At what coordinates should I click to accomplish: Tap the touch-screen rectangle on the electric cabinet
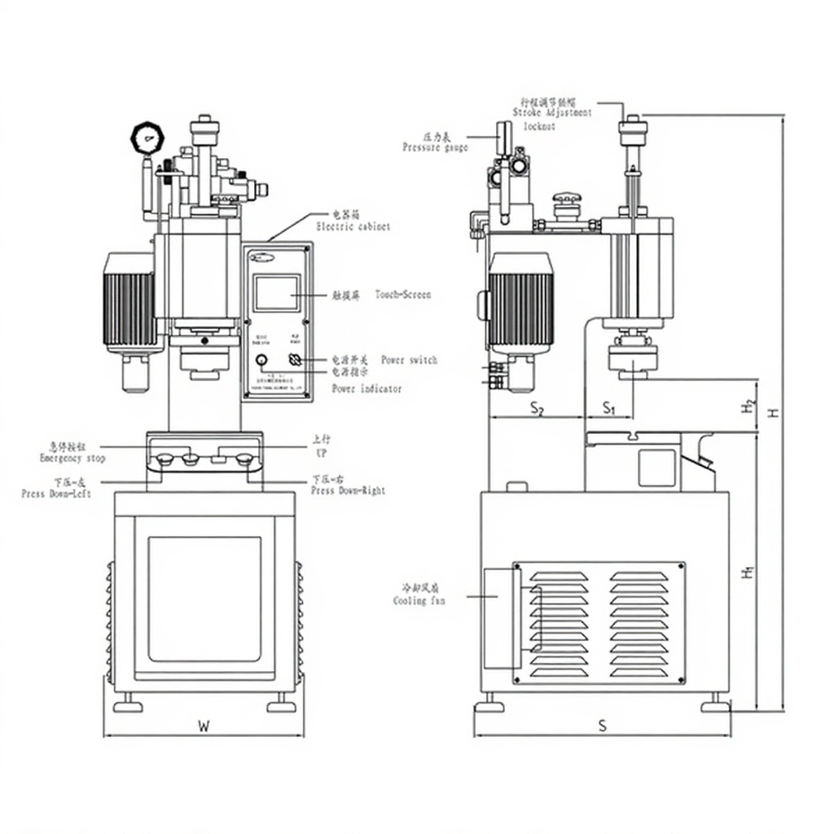pos(276,293)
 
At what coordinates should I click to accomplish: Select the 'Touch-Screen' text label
pos(403,295)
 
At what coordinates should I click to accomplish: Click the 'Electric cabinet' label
pos(353,226)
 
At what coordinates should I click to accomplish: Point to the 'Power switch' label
pos(409,360)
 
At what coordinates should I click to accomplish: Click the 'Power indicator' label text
pos(367,389)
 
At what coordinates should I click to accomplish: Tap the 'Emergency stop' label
pos(72,459)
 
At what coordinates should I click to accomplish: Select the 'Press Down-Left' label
pos(56,494)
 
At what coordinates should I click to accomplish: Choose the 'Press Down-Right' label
pos(349,490)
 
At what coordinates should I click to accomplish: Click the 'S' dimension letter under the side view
pos(602,726)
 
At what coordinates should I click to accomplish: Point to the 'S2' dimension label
pos(537,408)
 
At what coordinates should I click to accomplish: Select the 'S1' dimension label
pos(609,408)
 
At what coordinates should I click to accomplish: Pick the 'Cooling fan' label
pos(419,601)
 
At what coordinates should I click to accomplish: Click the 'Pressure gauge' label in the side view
pos(435,147)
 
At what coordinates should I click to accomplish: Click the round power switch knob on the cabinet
pos(261,360)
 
